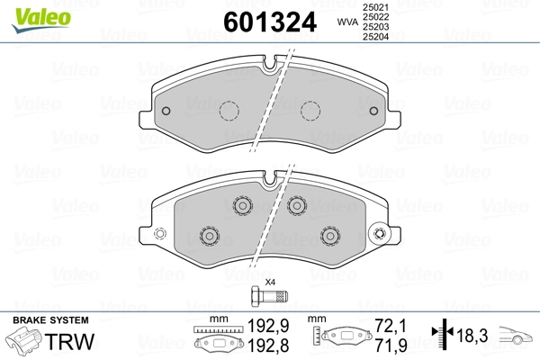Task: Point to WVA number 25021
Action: coord(375,7)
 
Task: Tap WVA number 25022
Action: coord(375,18)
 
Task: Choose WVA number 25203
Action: coord(375,29)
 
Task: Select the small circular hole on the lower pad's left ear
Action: coord(160,236)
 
